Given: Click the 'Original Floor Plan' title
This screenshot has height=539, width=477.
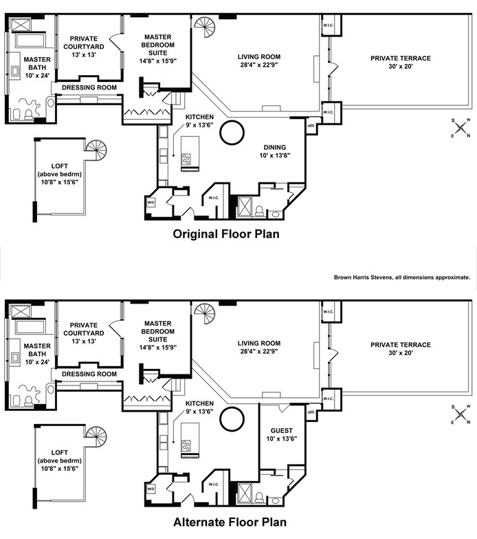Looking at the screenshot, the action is [x=226, y=234].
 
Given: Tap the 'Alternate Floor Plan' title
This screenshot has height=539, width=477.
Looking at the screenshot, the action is [x=230, y=522].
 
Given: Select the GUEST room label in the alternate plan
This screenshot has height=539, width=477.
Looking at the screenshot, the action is [x=282, y=431].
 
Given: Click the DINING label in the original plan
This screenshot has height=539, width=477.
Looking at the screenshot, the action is [x=275, y=147].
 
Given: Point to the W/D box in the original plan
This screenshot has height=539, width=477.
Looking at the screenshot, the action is [x=151, y=202].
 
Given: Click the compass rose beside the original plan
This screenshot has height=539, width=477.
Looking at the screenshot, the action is [x=461, y=128].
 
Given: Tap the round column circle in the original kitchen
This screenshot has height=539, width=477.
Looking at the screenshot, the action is [x=232, y=132].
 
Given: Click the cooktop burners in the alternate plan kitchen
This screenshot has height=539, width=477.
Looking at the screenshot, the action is [x=186, y=445].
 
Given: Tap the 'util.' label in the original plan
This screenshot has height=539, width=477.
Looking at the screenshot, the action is [x=311, y=125].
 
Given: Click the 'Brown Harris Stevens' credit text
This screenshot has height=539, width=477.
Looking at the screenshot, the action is [x=363, y=277].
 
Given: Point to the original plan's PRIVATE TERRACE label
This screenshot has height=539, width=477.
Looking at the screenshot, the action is [x=401, y=59].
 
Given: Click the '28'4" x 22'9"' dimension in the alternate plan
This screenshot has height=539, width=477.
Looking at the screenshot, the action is [x=259, y=351].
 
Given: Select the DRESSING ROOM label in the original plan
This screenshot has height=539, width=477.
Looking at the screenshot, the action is [x=89, y=87].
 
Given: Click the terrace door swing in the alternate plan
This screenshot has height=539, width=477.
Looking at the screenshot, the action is [x=333, y=355].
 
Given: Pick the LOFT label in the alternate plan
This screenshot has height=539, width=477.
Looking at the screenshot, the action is [x=60, y=453].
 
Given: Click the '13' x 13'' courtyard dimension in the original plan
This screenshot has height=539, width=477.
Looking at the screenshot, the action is [x=84, y=54].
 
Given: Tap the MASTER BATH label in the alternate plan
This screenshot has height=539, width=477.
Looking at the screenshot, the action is [x=37, y=350].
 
